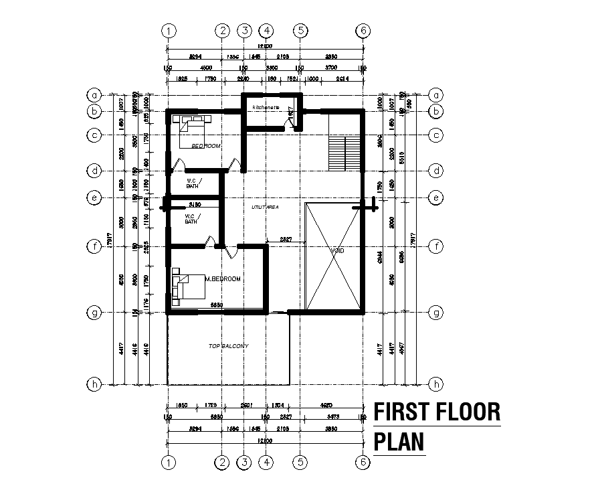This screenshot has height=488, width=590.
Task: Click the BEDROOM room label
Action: (x=205, y=145)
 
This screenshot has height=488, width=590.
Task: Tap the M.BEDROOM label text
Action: (x=222, y=278)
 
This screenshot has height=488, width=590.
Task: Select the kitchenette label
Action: (x=266, y=108)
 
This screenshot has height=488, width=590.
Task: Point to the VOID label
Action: (x=337, y=251)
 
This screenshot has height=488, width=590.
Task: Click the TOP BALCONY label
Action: (x=228, y=346)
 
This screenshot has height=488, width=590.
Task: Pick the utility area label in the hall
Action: (x=264, y=208)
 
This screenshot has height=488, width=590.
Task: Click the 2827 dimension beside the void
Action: (x=286, y=238)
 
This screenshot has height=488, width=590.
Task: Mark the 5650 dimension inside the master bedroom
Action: (x=216, y=305)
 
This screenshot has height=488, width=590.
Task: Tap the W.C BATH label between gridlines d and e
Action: (x=192, y=183)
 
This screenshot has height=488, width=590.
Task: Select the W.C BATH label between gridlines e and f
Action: (x=191, y=218)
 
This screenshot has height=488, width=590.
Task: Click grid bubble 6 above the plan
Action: (x=363, y=30)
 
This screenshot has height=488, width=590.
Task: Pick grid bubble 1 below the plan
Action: (x=170, y=461)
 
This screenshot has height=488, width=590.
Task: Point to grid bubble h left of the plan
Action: (x=96, y=384)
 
